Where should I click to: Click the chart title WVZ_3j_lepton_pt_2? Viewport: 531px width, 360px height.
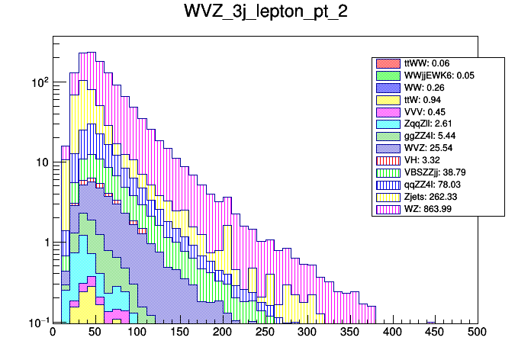(x=265, y=13)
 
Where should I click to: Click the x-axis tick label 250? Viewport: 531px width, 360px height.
(x=265, y=332)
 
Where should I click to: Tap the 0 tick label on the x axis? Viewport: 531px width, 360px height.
(x=53, y=332)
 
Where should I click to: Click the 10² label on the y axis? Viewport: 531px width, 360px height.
(x=37, y=81)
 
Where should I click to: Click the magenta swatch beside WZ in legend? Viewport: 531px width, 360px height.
(x=388, y=209)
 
